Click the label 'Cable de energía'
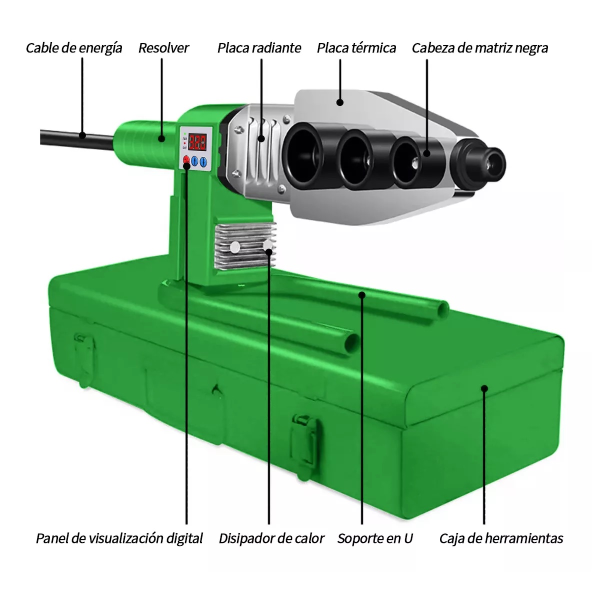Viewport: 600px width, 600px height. click(74, 48)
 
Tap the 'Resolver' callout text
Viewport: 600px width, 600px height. click(163, 48)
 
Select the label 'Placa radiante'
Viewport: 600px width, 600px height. click(259, 48)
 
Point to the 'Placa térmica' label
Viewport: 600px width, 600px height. click(356, 48)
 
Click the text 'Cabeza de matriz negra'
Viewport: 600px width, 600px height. click(479, 48)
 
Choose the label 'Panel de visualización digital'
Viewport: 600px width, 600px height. click(119, 538)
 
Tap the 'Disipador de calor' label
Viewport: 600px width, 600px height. click(271, 538)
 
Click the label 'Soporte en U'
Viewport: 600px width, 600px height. click(375, 538)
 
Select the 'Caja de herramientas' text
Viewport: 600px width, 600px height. click(501, 538)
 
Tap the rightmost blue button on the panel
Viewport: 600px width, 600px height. click(203, 161)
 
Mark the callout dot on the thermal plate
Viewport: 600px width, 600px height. click(340, 102)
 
